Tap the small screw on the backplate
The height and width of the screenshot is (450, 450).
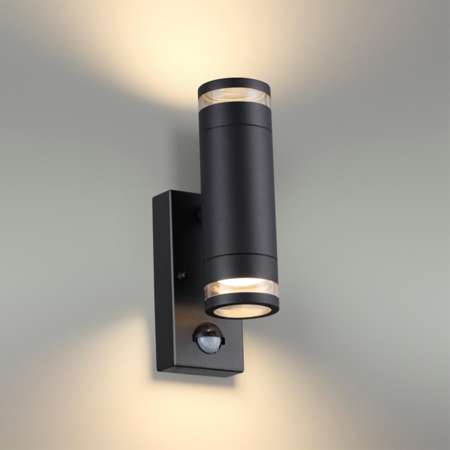[182, 275]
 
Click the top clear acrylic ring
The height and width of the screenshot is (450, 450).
[234, 100]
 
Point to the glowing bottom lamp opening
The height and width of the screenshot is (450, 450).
[242, 310]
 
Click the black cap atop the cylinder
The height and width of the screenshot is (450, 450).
[234, 85]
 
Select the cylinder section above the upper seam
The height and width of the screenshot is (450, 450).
[235, 116]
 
